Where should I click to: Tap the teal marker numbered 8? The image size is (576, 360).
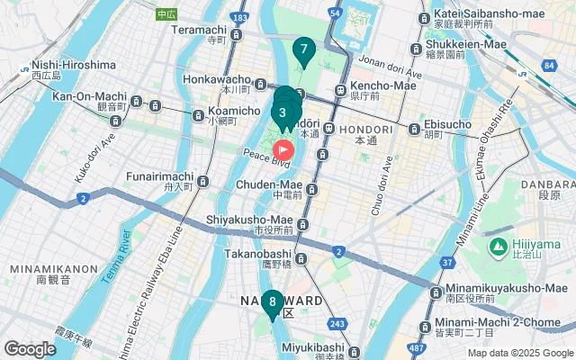272,303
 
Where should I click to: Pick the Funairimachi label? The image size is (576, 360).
161,175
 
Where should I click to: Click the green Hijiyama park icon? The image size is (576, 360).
496,246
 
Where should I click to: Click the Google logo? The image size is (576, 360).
30,348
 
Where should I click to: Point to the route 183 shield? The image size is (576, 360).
238,18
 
